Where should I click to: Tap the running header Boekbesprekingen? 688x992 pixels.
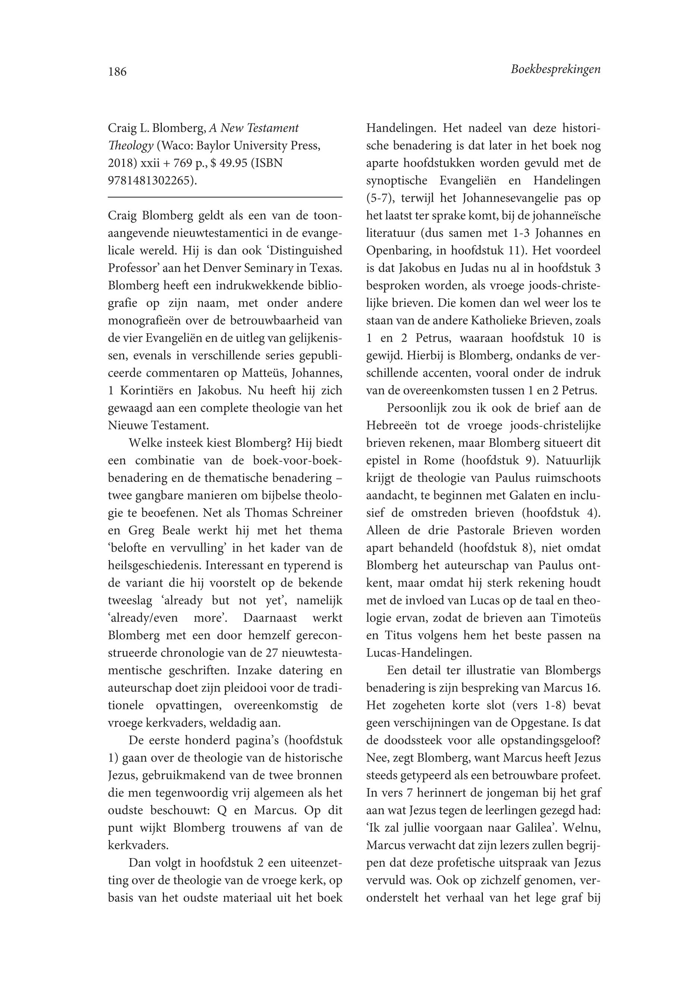(x=555, y=69)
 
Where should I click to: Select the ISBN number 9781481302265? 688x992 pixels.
(x=149, y=180)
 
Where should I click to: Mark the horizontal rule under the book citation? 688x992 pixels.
(x=225, y=197)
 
